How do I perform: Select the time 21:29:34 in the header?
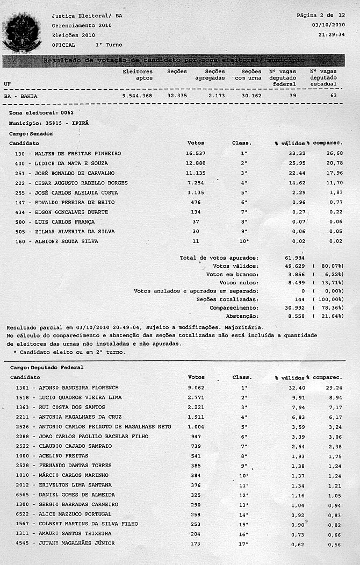[331, 34]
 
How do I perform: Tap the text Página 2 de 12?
[321, 16]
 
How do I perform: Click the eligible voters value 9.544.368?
[137, 96]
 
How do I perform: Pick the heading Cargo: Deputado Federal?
[47, 367]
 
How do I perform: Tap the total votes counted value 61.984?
[295, 258]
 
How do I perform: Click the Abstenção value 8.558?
[295, 316]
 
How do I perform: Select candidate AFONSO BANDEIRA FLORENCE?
[77, 387]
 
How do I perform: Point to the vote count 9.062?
[198, 387]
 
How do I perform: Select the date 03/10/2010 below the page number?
[328, 25]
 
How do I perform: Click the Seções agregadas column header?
[215, 75]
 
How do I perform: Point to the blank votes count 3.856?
[295, 274]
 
